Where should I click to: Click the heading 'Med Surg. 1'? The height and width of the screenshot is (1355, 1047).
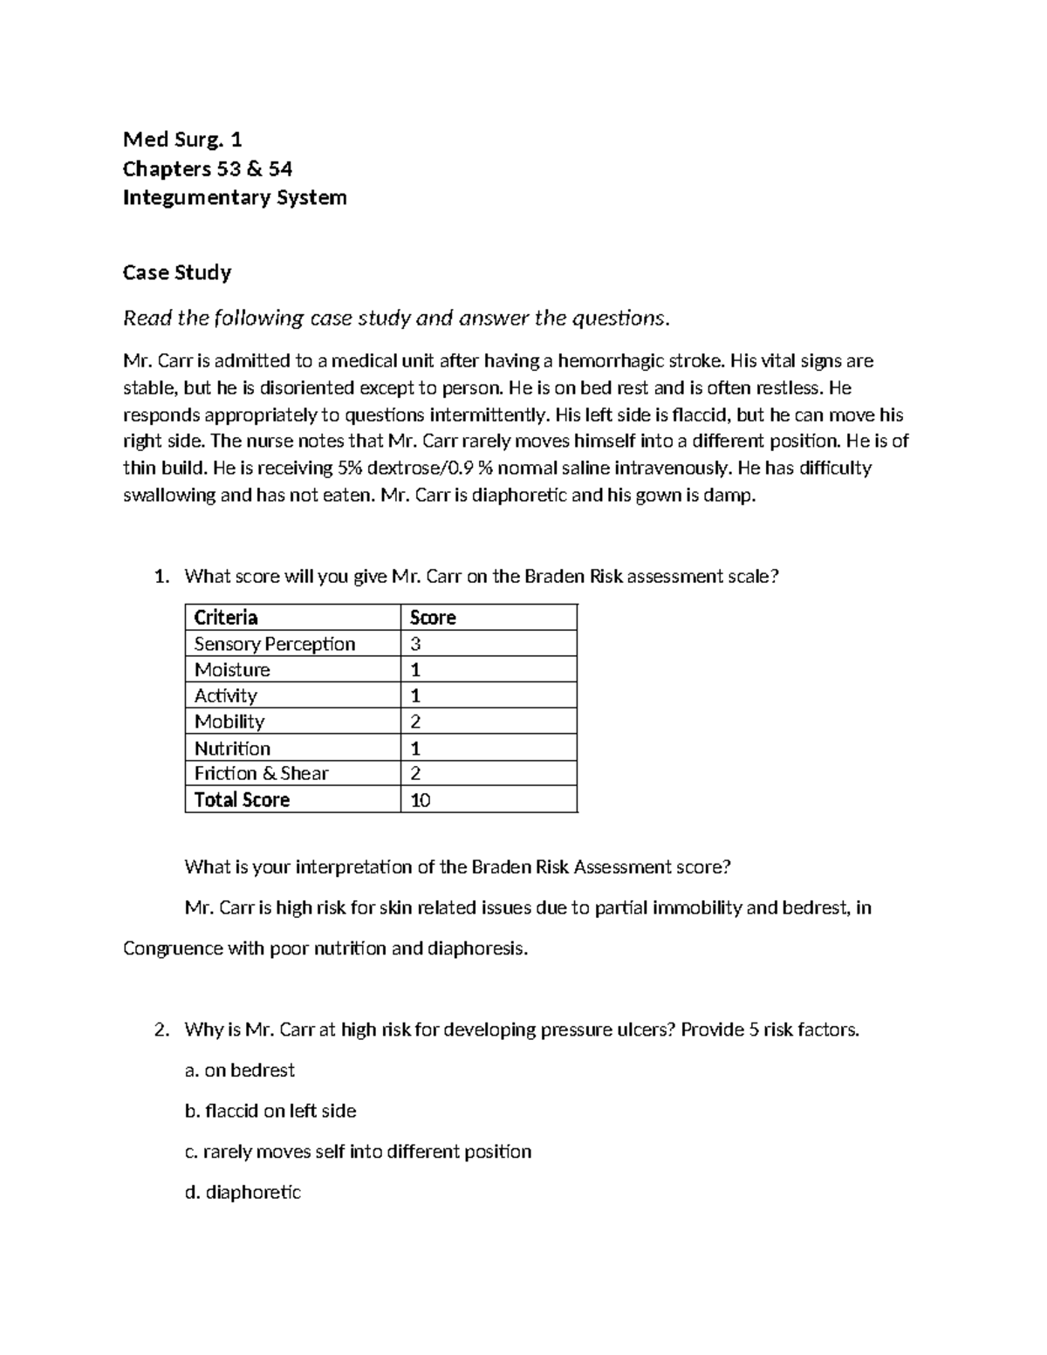point(182,140)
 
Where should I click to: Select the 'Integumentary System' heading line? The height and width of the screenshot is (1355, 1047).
point(235,197)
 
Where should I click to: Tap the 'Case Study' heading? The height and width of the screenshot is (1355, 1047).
point(177,272)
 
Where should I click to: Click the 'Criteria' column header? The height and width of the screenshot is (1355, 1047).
point(226,618)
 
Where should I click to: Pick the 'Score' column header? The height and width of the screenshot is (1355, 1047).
point(433,618)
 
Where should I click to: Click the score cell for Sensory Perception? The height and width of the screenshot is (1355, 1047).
point(416,644)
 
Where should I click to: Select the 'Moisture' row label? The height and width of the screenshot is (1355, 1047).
point(232,669)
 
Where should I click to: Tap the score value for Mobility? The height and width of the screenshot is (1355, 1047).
point(416,722)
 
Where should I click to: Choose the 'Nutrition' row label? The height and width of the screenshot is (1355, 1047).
point(232,748)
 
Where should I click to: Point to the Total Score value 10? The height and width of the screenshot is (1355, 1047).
point(421,800)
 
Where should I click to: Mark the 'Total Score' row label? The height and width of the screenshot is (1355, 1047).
point(242,800)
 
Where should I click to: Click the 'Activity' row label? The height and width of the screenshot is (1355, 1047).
point(225,695)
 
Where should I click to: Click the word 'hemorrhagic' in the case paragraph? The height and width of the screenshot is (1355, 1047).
point(610,360)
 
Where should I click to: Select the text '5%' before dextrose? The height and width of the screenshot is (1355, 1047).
point(347,468)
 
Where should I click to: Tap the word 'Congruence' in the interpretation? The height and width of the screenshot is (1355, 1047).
point(173,948)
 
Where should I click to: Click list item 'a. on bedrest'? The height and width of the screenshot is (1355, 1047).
point(240,1070)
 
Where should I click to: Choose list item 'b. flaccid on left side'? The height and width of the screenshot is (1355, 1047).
point(270,1111)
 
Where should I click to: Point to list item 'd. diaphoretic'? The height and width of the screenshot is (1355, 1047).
point(243,1192)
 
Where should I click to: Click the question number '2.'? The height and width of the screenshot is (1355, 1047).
point(161,1030)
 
